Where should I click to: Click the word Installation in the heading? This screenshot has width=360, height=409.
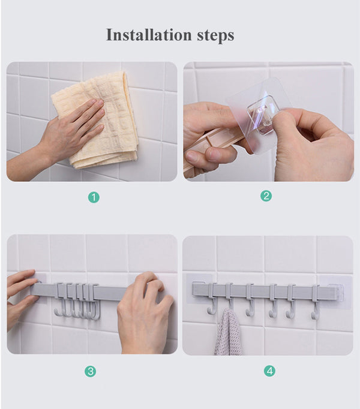(x=148, y=35)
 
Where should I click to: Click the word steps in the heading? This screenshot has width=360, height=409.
(x=214, y=36)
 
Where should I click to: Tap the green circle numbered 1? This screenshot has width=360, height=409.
(x=93, y=197)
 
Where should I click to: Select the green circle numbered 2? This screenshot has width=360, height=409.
(x=266, y=196)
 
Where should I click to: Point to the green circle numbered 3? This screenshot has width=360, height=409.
(x=90, y=371)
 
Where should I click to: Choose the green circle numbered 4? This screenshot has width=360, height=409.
(x=269, y=371)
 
